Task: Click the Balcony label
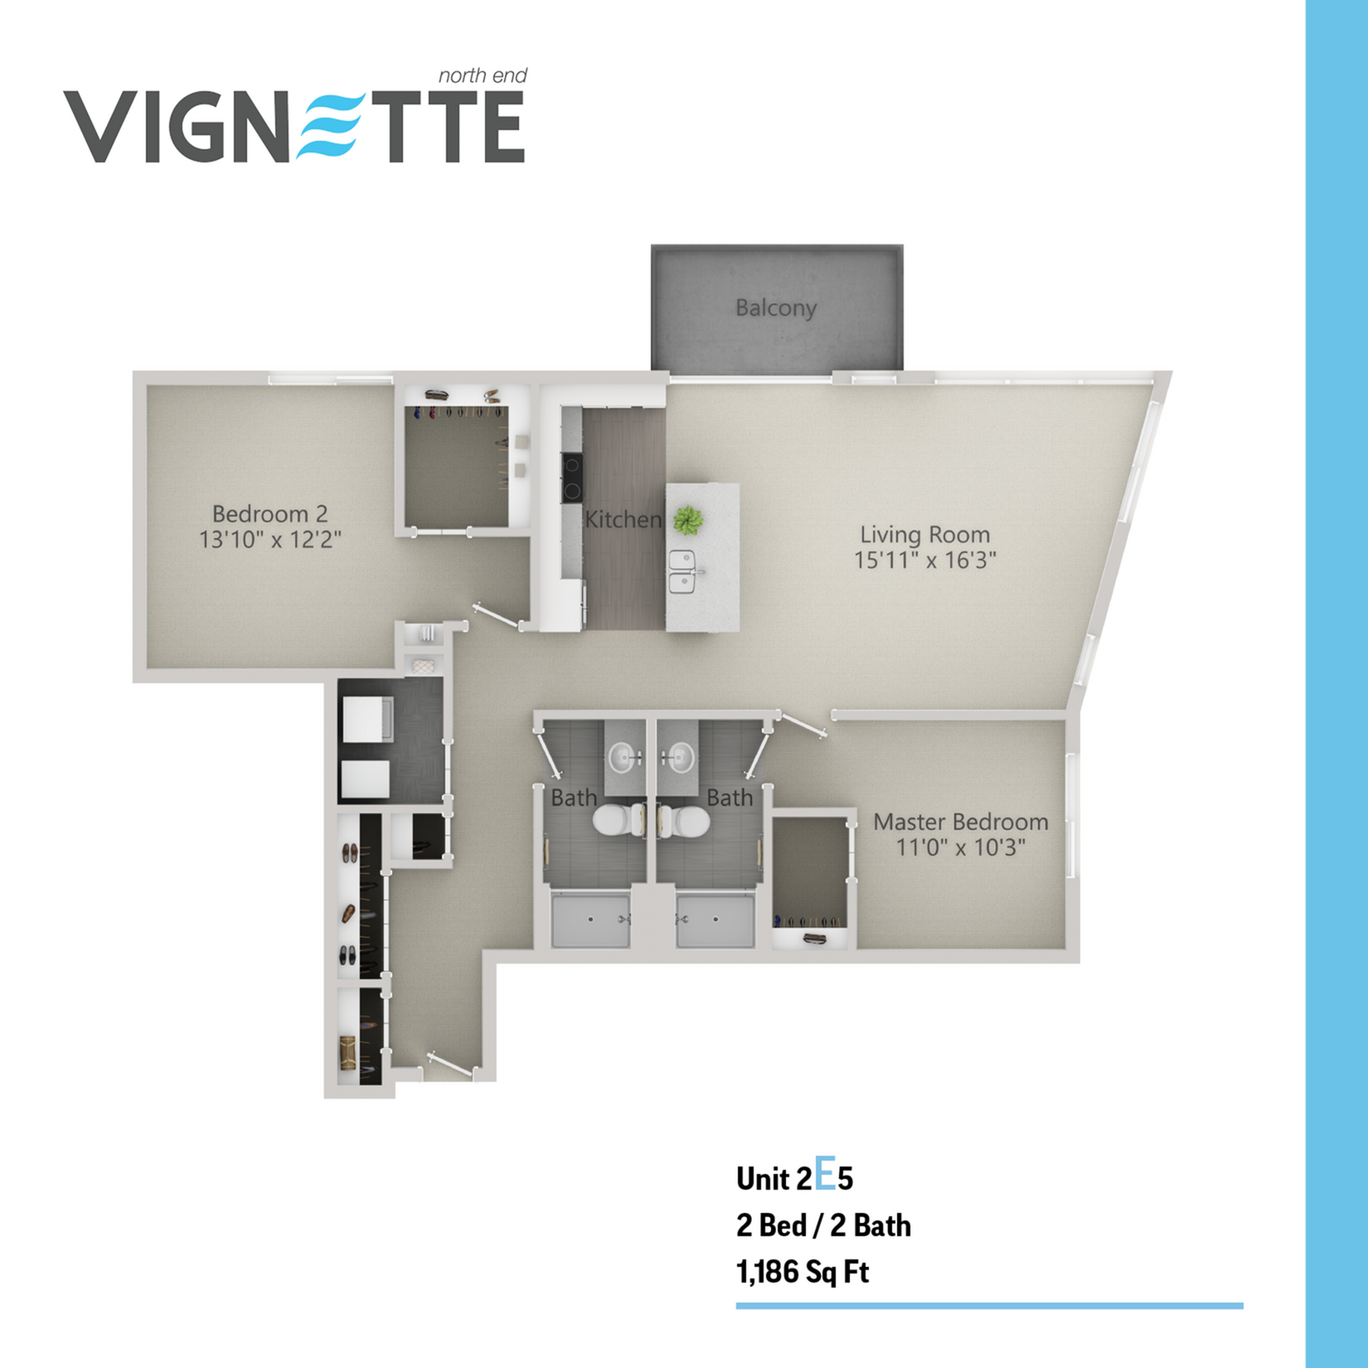[776, 308]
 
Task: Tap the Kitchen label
[623, 520]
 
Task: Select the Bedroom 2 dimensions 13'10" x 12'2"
[270, 540]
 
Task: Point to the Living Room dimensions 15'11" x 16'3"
[925, 560]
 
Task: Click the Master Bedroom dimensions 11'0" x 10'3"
[961, 847]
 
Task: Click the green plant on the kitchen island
[687, 521]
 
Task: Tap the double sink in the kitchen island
[683, 572]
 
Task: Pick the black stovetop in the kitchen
[572, 478]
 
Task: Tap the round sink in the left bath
[624, 757]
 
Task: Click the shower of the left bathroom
[591, 919]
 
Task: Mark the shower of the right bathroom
[715, 919]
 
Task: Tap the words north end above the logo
[483, 76]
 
